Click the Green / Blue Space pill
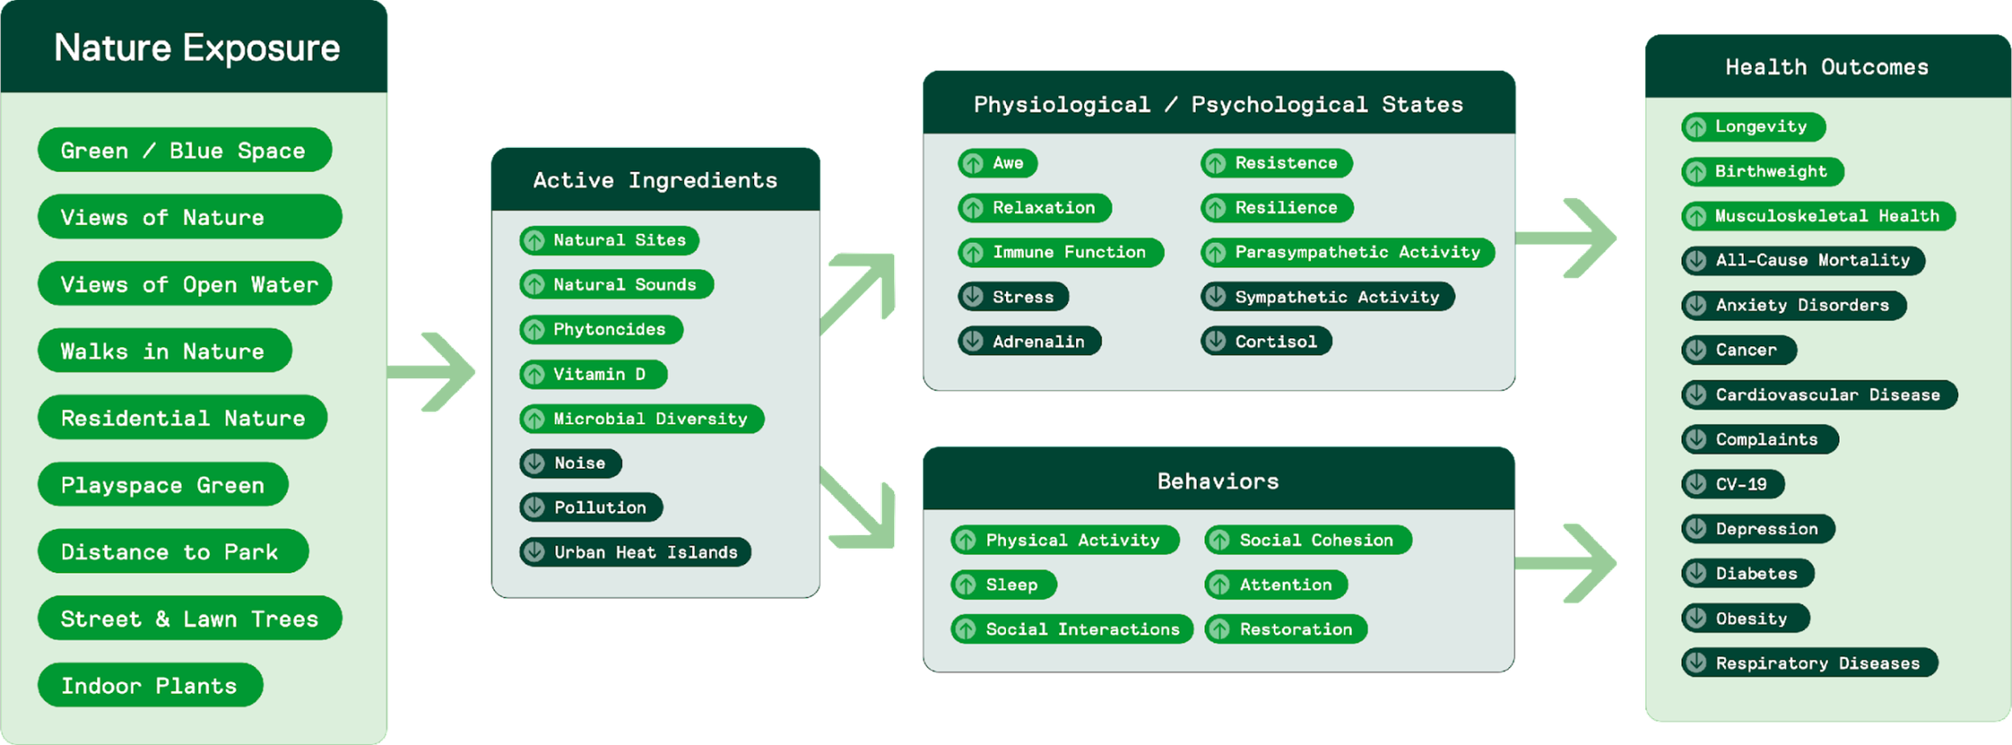[184, 150]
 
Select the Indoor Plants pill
[150, 685]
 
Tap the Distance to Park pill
[172, 552]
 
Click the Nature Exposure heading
[197, 47]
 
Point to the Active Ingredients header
[655, 179]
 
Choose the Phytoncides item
[601, 330]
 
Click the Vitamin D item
[593, 374]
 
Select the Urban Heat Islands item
[635, 553]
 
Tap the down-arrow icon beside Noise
[534, 463]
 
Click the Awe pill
[997, 163]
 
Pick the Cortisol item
[1266, 341]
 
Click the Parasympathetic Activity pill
[1347, 253]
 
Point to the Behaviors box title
[1218, 481]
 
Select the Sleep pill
[1004, 585]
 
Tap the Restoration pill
[1285, 629]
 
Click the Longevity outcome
[1753, 127]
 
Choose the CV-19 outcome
[1733, 484]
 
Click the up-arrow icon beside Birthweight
[1696, 171]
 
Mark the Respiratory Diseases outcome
[1809, 663]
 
